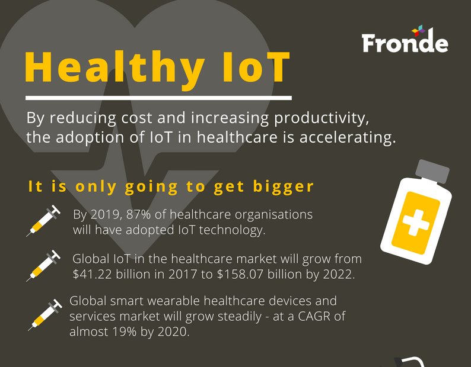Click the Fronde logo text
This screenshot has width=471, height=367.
click(x=405, y=43)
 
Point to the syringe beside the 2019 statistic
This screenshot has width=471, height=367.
click(x=43, y=220)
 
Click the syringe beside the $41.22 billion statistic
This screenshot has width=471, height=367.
click(x=43, y=265)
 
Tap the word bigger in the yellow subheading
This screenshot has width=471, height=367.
click(x=283, y=187)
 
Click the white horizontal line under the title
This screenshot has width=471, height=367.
click(x=159, y=98)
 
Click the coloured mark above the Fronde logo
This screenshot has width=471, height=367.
click(x=419, y=29)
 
